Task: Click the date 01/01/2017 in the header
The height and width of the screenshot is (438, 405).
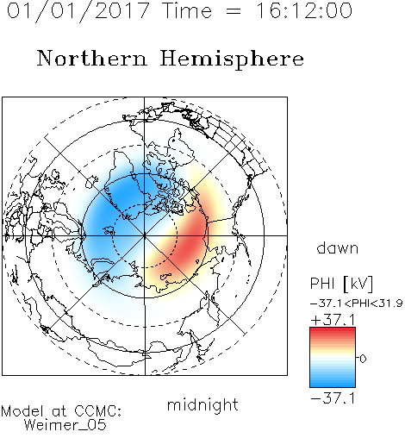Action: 78,11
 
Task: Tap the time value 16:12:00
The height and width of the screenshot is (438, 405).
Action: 304,11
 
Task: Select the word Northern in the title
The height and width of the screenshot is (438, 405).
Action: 92,59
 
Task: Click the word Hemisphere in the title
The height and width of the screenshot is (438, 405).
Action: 232,59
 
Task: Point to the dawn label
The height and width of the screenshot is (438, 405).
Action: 338,248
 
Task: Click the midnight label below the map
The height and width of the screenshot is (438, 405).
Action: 202,404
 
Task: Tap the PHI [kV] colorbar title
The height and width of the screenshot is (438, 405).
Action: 342,284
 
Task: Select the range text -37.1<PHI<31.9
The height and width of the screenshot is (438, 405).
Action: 357,303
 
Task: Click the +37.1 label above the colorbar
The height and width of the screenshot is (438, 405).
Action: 333,320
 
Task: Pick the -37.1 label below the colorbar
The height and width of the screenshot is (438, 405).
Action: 333,398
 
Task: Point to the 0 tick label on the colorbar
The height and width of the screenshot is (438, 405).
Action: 363,359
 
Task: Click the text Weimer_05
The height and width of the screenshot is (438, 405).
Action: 65,425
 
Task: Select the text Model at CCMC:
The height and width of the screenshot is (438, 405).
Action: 61,411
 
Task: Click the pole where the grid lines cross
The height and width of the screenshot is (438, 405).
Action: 145,235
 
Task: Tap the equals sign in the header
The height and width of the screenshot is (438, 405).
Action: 233,11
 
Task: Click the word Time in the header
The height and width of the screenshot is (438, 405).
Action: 187,11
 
